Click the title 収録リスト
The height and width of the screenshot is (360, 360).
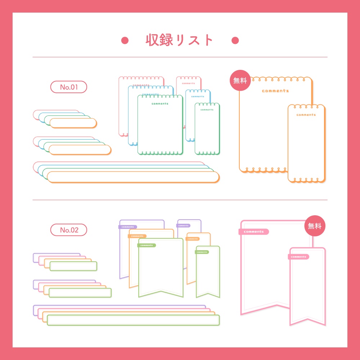(x=179, y=40)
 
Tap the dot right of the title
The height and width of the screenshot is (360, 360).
(x=235, y=40)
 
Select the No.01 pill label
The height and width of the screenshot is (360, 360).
(x=69, y=87)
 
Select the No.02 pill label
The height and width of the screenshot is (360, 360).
(x=69, y=230)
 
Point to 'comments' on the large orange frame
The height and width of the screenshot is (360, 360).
(x=275, y=91)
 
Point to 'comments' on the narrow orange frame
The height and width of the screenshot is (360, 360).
(x=306, y=115)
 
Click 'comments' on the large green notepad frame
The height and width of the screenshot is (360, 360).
(x=160, y=104)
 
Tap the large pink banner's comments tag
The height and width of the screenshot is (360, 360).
(x=254, y=232)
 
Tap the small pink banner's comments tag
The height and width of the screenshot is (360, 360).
(x=298, y=257)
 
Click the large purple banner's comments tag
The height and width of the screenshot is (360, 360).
(x=128, y=227)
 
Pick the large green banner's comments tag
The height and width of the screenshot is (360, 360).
(x=147, y=245)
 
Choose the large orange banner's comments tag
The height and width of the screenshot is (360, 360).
(x=137, y=236)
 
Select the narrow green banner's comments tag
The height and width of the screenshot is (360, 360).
(x=202, y=252)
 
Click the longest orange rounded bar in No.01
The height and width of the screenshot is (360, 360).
(x=133, y=177)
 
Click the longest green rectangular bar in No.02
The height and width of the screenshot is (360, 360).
(x=133, y=320)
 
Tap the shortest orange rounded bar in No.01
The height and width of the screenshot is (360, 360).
(x=73, y=123)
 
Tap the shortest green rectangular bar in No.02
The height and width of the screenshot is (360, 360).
(x=73, y=266)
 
